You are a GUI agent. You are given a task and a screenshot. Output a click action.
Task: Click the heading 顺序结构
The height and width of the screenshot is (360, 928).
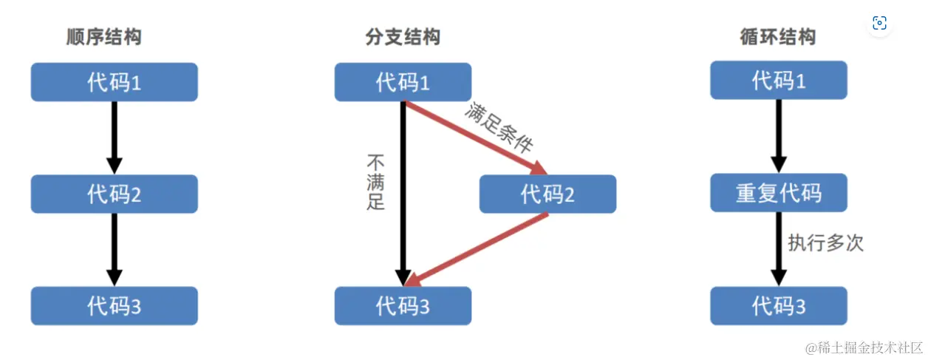(103, 37)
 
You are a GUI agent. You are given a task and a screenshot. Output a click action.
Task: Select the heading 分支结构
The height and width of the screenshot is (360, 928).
(403, 37)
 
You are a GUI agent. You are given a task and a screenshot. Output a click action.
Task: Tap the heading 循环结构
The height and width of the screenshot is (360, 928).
(778, 37)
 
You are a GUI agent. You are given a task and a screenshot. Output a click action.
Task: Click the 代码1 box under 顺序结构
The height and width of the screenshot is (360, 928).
(114, 82)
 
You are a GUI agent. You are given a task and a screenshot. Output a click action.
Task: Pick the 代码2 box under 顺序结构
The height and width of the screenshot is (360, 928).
(114, 194)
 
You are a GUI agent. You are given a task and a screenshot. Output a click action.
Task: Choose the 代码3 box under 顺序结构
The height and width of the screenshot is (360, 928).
(114, 306)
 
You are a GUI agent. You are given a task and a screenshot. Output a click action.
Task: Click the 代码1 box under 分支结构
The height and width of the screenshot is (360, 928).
(403, 82)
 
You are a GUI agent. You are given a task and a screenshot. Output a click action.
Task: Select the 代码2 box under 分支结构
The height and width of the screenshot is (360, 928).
(547, 194)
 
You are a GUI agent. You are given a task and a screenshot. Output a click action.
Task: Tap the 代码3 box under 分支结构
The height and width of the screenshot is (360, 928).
(403, 306)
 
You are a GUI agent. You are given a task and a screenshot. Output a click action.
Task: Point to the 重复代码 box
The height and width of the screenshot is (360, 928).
(779, 194)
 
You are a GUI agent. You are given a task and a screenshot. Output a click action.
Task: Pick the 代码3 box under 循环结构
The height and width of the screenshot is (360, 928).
(779, 306)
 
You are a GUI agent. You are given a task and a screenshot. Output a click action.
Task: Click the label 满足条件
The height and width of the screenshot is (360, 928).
(499, 127)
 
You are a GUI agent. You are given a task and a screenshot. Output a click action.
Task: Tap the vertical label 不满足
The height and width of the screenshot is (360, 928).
(376, 182)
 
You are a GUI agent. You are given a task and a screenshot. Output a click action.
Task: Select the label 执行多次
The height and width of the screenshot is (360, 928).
(825, 242)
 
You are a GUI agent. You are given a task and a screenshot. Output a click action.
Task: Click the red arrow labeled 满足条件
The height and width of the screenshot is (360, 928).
(473, 137)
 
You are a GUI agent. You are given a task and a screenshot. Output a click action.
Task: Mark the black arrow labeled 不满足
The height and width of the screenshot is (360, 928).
(403, 192)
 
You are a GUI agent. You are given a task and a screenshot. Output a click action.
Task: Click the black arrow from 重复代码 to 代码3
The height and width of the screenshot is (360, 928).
(779, 248)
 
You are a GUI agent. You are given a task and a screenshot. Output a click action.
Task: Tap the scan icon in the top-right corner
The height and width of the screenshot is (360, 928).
(879, 23)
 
